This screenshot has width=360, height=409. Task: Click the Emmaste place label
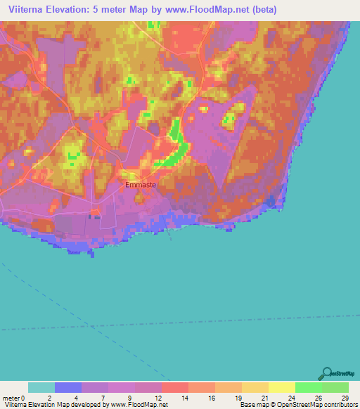[140, 185]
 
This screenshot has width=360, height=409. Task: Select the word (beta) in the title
[264, 10]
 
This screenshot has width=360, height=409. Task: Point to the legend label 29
[344, 398]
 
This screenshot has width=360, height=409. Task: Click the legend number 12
[157, 398]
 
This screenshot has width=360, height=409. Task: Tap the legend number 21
[264, 398]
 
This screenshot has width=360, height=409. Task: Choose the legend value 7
[103, 398]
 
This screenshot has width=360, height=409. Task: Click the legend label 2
[50, 398]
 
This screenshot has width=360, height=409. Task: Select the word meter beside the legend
[12, 398]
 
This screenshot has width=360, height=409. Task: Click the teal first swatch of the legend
[41, 387]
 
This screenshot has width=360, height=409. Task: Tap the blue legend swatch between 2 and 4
[68, 387]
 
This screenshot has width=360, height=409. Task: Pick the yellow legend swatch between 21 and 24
[281, 387]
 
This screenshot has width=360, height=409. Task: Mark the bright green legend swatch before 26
[308, 387]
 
